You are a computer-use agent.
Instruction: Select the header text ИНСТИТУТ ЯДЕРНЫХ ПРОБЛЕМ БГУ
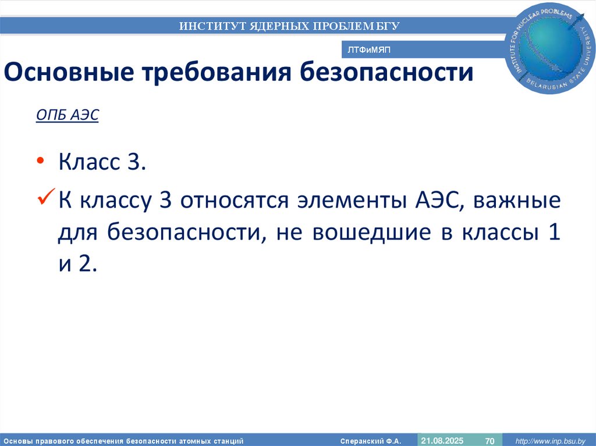pyautogui.click(x=289, y=26)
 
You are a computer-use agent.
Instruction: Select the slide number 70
pyautogui.click(x=489, y=440)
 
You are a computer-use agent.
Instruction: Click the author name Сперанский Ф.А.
pyautogui.click(x=371, y=440)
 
